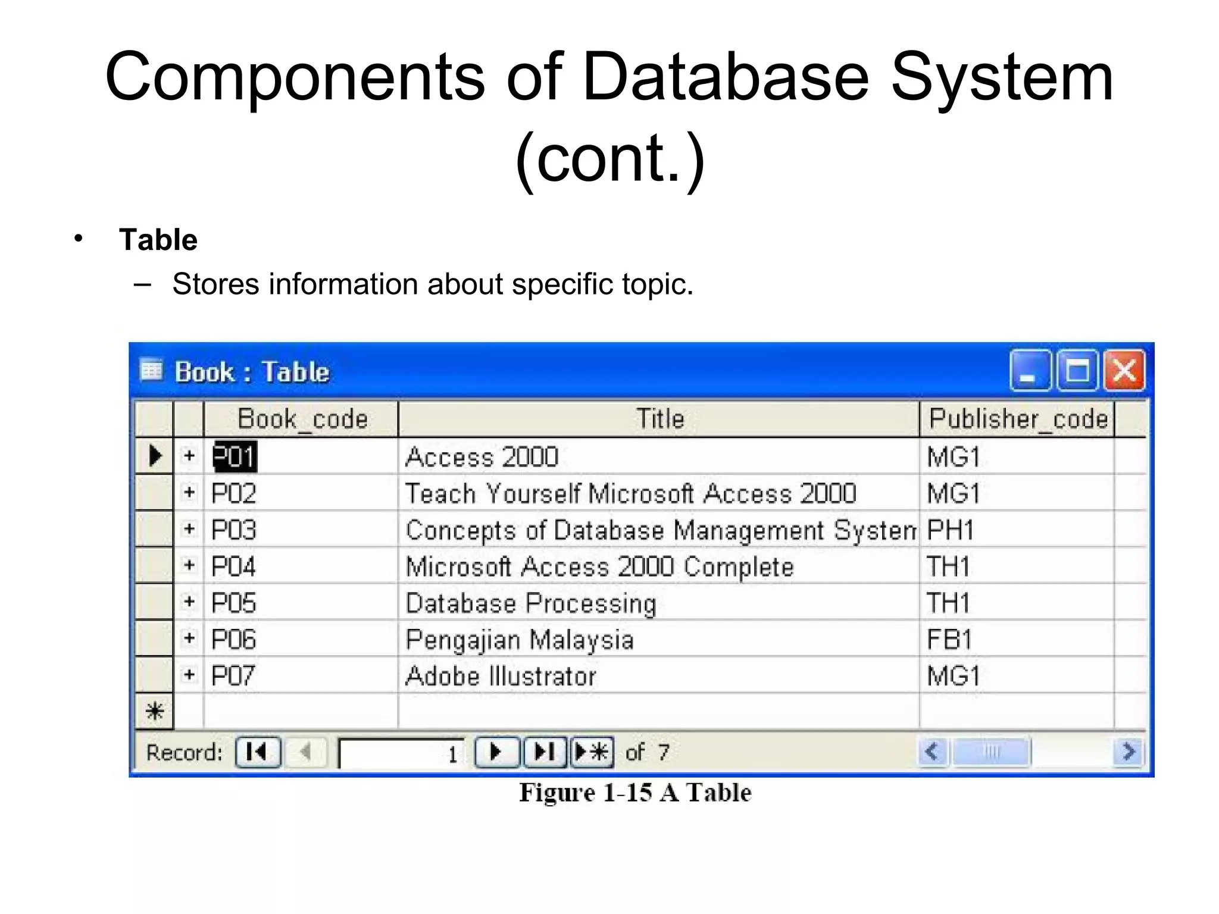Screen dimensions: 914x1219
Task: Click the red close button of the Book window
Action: click(1124, 371)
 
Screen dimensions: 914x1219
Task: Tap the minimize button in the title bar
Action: click(1030, 371)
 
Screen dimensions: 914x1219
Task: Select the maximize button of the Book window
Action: click(1077, 371)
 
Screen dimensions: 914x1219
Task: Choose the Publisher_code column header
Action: click(1017, 419)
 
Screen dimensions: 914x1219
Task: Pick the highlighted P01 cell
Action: click(235, 456)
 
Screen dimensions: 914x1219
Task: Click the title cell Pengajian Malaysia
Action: click(519, 639)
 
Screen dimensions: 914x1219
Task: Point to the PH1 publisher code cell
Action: click(950, 530)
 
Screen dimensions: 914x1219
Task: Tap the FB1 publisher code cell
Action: click(949, 639)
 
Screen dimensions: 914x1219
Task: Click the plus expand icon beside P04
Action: click(189, 565)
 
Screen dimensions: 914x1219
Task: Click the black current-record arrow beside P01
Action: click(155, 456)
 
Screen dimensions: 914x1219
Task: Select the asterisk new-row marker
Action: click(155, 711)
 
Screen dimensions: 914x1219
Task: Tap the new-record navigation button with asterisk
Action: click(592, 752)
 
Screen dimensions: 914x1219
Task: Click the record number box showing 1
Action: click(402, 753)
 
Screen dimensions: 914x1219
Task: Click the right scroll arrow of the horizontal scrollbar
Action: click(1128, 752)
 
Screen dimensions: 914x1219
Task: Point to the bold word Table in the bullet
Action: click(158, 240)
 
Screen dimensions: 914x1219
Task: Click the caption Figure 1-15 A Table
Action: click(635, 793)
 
